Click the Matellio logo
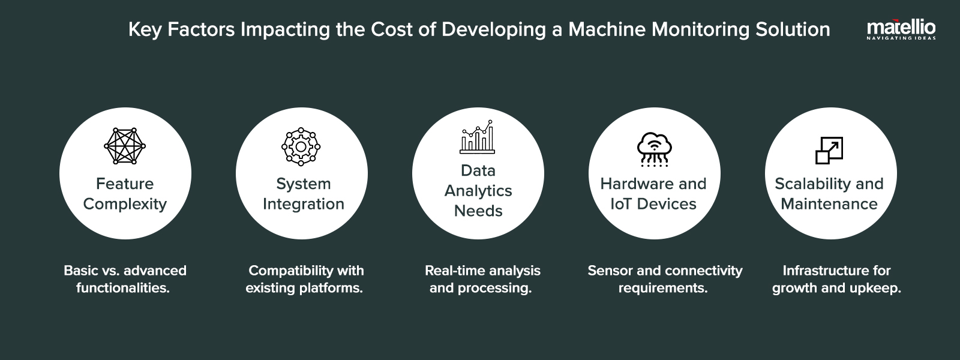(901, 29)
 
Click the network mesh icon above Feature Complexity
(125, 146)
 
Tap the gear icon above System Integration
(301, 146)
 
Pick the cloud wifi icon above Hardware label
(654, 149)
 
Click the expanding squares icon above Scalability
(829, 151)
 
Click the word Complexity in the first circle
(125, 204)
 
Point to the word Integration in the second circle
(303, 204)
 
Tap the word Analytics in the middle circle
(478, 191)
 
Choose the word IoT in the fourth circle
(620, 204)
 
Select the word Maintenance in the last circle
(829, 204)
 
